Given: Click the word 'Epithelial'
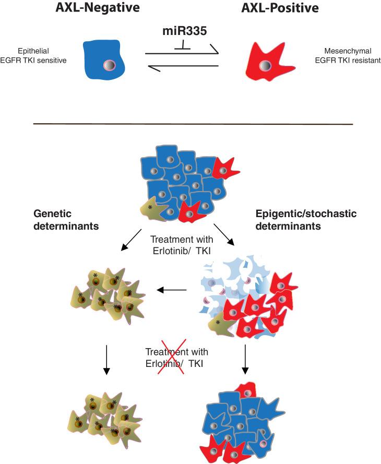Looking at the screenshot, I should (x=46, y=52).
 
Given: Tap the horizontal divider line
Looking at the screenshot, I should (x=193, y=124).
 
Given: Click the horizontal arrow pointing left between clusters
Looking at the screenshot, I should (x=172, y=290).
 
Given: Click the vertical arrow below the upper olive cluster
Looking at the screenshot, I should (x=106, y=360).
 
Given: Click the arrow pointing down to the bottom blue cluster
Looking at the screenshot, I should (x=245, y=360).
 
